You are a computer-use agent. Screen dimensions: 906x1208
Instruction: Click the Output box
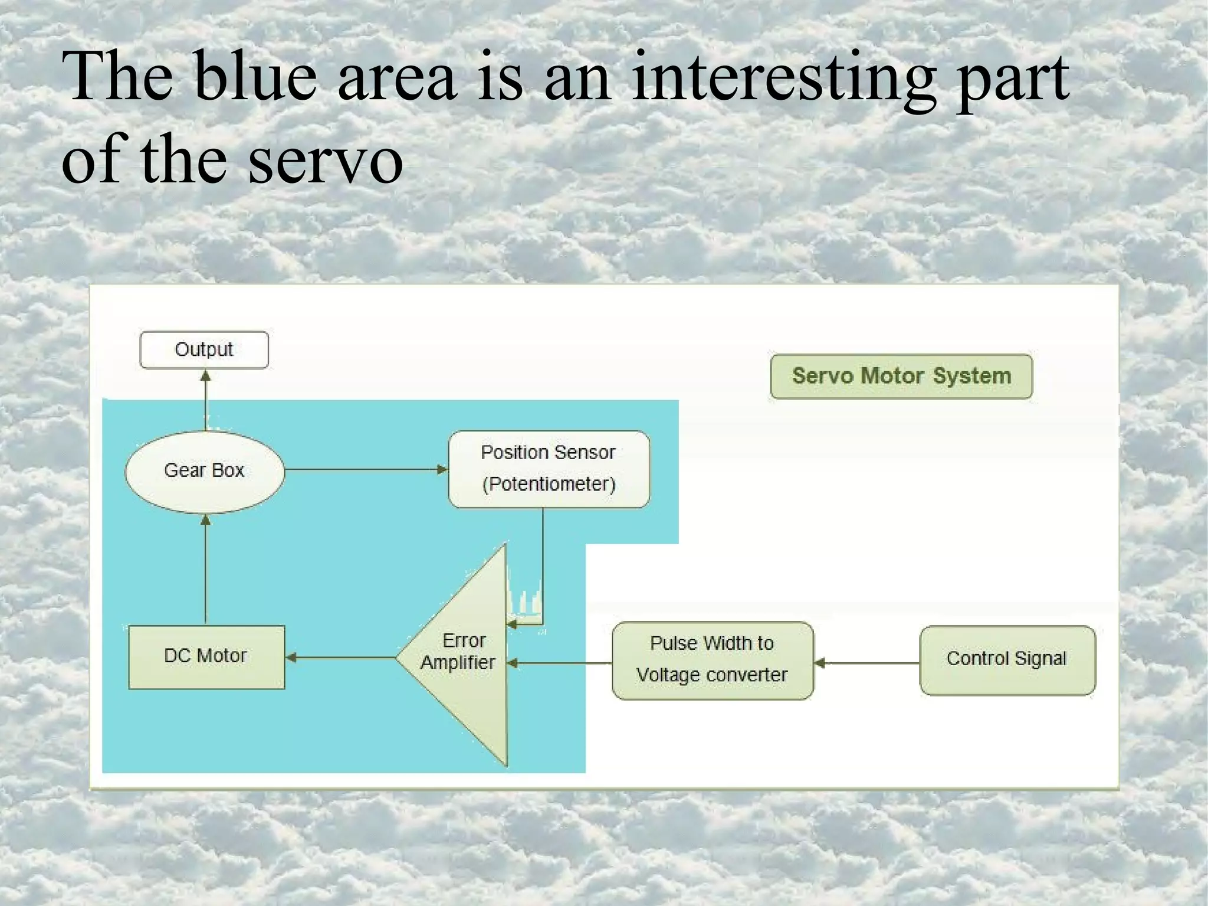[204, 350]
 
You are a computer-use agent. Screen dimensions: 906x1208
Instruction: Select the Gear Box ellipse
[204, 471]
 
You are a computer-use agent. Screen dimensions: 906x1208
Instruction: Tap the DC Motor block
[206, 656]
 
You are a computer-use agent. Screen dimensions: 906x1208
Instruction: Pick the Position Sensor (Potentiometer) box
[549, 469]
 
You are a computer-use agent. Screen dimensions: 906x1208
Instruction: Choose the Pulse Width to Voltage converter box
[713, 660]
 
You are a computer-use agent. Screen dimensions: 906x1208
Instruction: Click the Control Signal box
[1007, 659]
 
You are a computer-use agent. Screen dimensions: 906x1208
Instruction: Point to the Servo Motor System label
[901, 377]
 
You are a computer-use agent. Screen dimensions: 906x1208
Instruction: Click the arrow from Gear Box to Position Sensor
[366, 469]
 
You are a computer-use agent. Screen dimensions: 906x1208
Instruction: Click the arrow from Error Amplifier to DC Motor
[341, 657]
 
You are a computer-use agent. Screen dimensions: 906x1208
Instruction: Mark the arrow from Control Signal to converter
[867, 663]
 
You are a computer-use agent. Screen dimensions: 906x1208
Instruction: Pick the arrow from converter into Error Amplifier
[560, 663]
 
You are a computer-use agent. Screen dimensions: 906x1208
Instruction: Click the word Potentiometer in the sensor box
[549, 485]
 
